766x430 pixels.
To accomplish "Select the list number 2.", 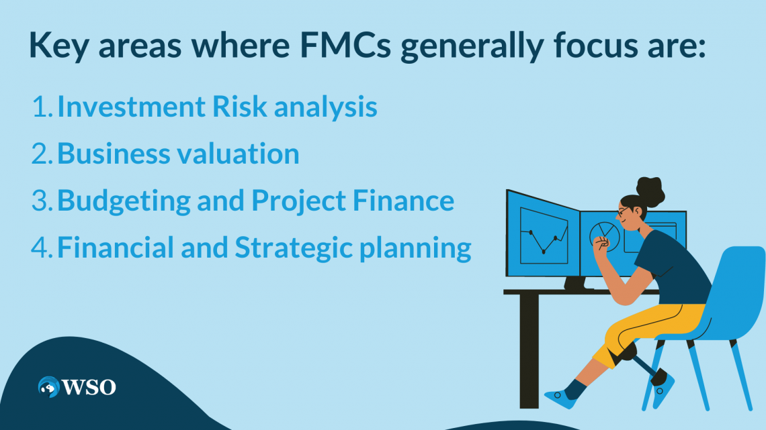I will (41, 154).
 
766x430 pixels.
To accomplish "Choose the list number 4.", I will (41, 248).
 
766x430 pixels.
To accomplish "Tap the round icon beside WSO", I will (48, 387).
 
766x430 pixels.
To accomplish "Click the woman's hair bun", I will (650, 191).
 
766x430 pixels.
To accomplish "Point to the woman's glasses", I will (623, 211).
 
